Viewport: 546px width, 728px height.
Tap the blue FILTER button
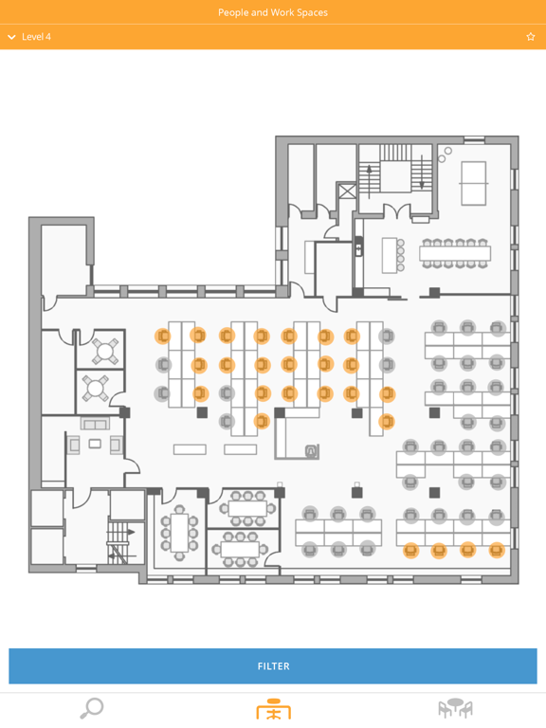coord(273,665)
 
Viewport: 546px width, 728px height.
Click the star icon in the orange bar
coord(531,37)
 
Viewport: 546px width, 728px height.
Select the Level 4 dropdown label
coord(36,37)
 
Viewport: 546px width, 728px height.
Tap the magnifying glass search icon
coord(91,708)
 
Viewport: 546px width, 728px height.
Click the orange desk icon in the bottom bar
coord(273,709)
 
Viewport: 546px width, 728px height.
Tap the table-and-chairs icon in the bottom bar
coord(455,708)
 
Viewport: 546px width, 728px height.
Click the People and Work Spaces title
coord(273,12)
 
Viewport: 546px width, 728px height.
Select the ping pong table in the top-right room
coord(474,183)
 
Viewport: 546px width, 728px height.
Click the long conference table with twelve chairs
coord(455,253)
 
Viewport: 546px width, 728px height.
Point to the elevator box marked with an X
coord(347,191)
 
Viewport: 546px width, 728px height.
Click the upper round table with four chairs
coord(105,351)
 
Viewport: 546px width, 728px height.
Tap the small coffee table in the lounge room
coord(95,444)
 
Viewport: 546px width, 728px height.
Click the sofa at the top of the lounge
coord(95,424)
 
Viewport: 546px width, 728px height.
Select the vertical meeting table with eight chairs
coord(179,533)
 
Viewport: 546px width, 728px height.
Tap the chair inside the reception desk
coord(312,450)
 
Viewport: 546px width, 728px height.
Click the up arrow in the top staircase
coord(370,179)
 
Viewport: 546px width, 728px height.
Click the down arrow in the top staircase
coord(422,172)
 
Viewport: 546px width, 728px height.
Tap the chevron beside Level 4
coord(11,37)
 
